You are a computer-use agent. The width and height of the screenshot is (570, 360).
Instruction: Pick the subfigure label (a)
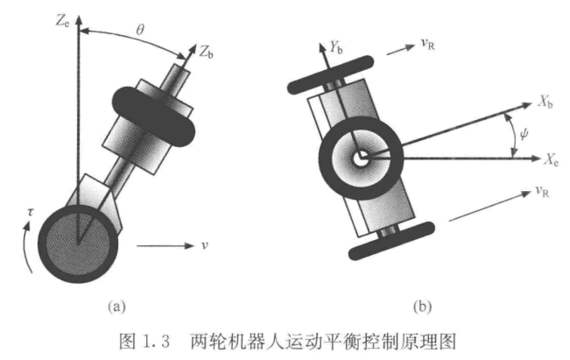116,307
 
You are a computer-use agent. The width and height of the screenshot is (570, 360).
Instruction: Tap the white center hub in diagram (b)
360,159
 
